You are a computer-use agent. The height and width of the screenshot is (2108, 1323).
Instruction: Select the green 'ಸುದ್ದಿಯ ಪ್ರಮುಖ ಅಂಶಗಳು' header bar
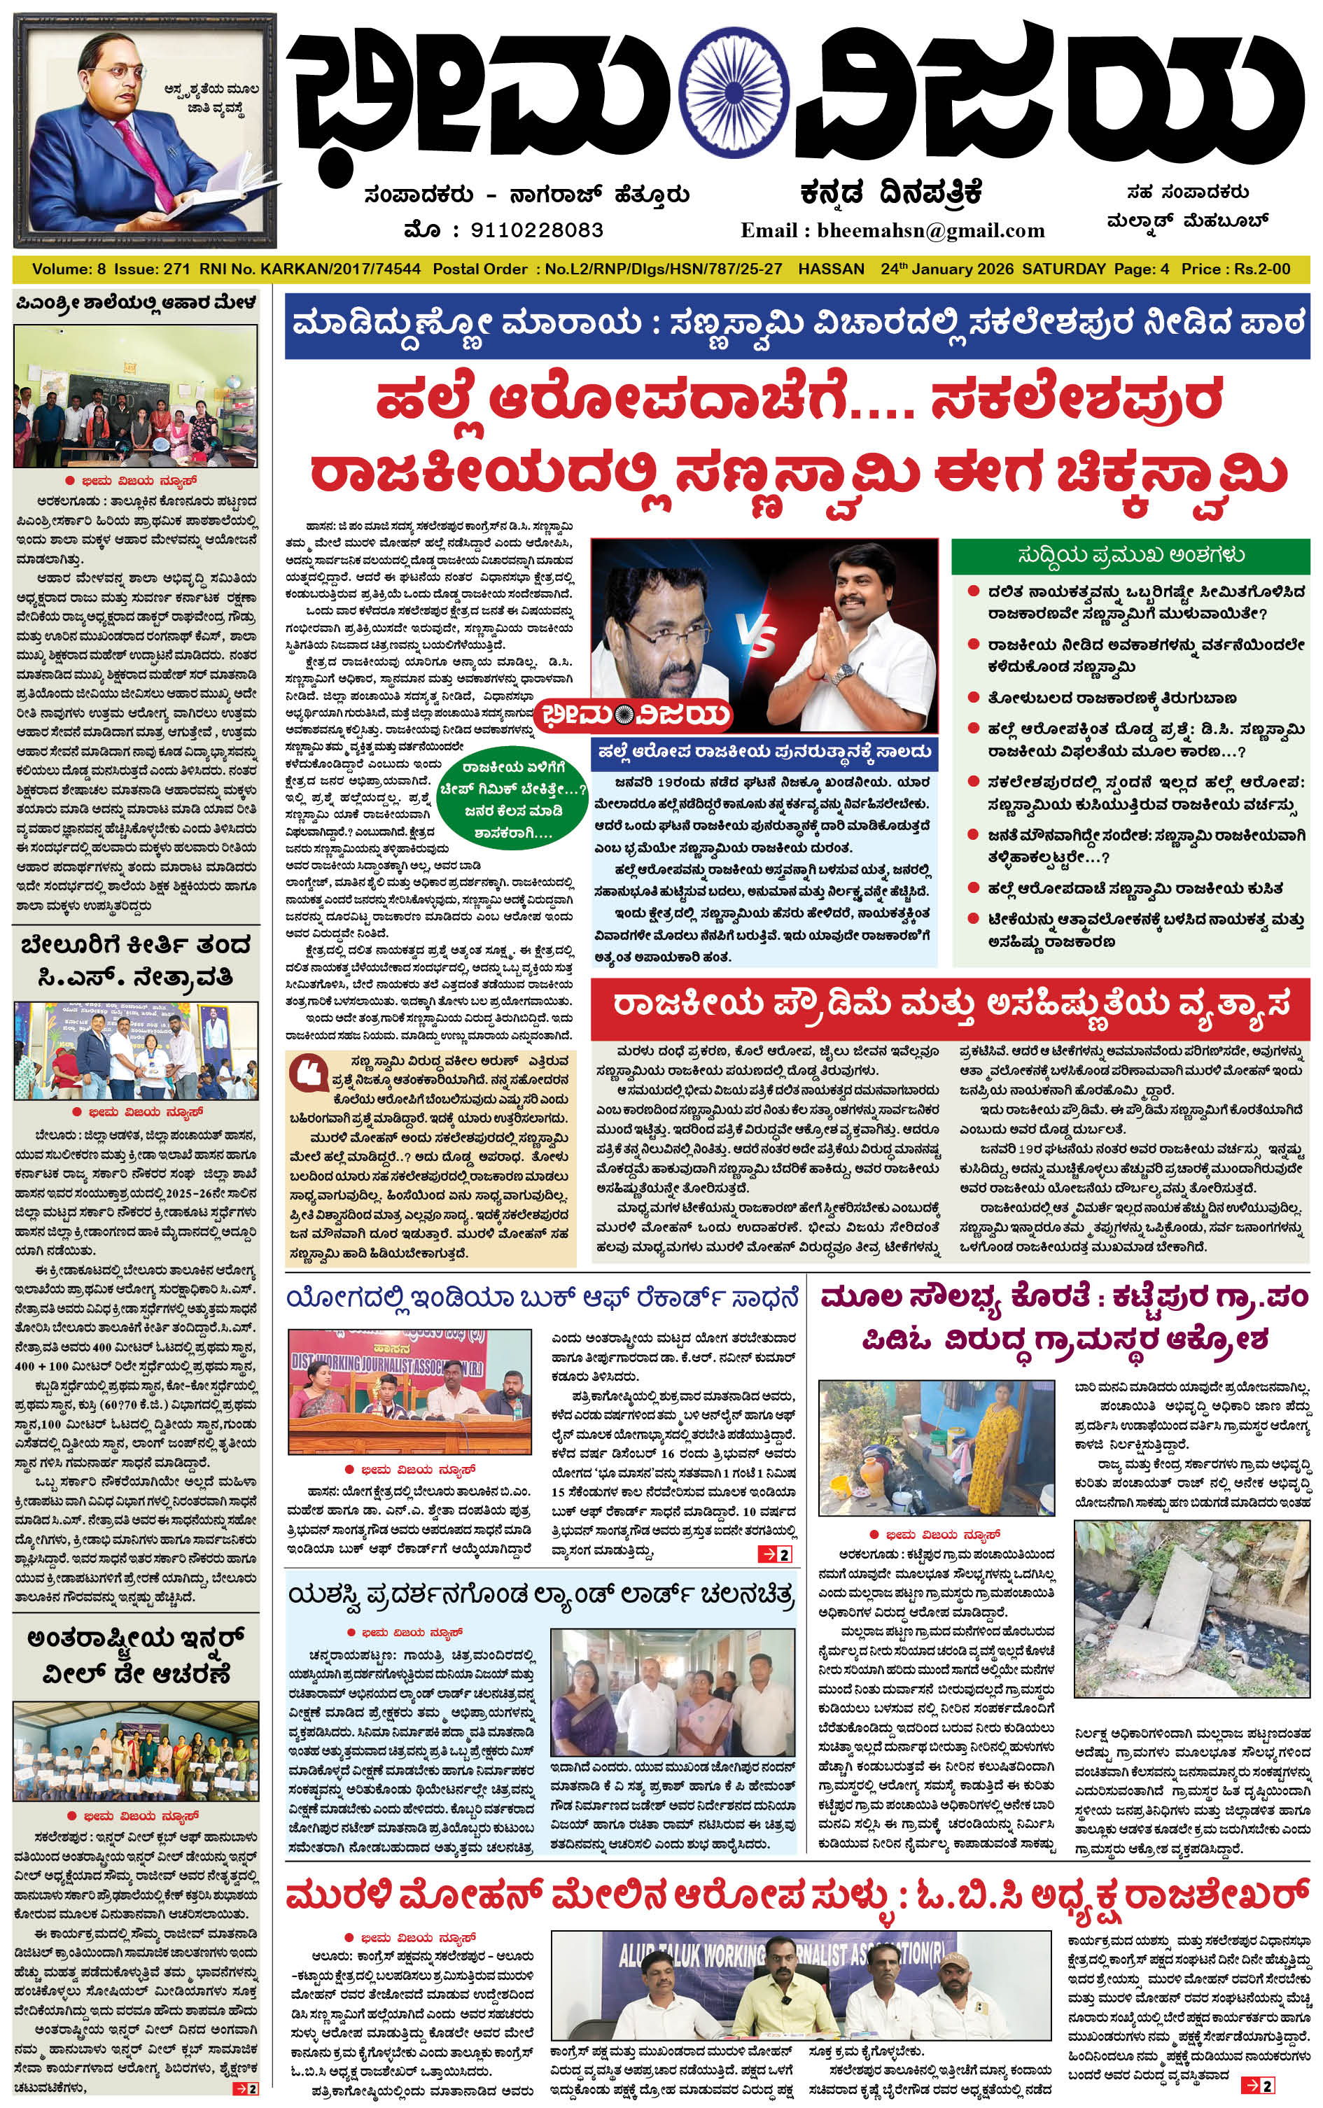click(1130, 556)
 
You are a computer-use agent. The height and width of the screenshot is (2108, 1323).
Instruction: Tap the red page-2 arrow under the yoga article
click(774, 1554)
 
